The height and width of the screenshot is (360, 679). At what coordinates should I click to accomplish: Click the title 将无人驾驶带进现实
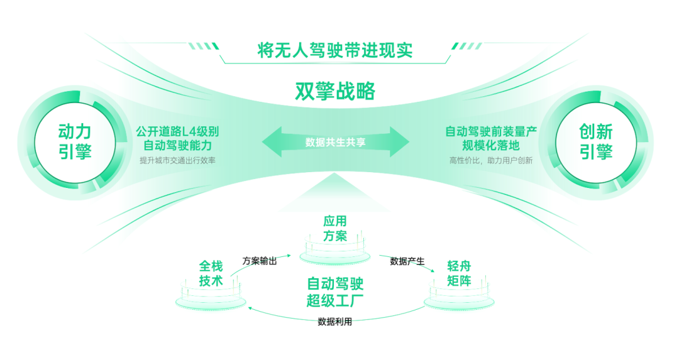334,50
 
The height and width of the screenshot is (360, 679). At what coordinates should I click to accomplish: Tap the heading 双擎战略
334,92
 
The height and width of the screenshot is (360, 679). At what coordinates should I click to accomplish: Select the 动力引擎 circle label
75,141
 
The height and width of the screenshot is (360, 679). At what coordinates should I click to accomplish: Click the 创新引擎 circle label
596,141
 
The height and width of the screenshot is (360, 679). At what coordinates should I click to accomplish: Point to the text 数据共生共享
335,142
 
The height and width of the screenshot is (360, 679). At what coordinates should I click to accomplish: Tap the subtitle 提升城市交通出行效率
177,160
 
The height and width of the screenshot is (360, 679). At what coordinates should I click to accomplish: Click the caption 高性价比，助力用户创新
490,160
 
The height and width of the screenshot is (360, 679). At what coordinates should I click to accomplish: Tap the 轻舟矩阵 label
459,273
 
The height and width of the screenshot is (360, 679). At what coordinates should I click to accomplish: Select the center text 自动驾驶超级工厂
335,290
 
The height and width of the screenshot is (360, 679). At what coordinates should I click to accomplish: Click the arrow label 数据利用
334,322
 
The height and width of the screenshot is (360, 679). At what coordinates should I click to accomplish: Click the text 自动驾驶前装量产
490,132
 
